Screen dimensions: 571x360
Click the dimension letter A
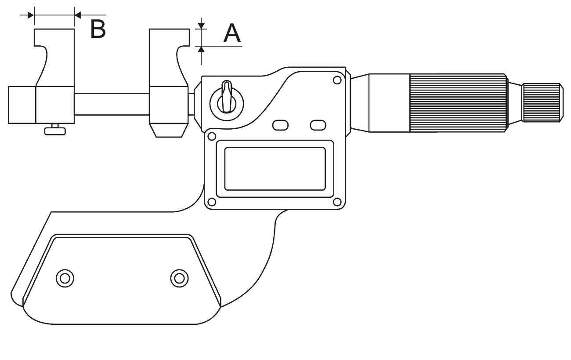click(232, 33)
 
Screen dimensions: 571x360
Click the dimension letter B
click(98, 29)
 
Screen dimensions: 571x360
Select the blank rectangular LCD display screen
click(275, 169)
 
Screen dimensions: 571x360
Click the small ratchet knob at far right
click(543, 102)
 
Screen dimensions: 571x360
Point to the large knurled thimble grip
click(458, 103)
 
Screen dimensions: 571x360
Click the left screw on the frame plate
click(65, 278)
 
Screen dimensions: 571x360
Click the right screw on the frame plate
click(180, 278)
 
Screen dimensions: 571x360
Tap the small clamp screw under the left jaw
click(55, 130)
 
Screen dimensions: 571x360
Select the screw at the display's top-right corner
click(337, 80)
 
